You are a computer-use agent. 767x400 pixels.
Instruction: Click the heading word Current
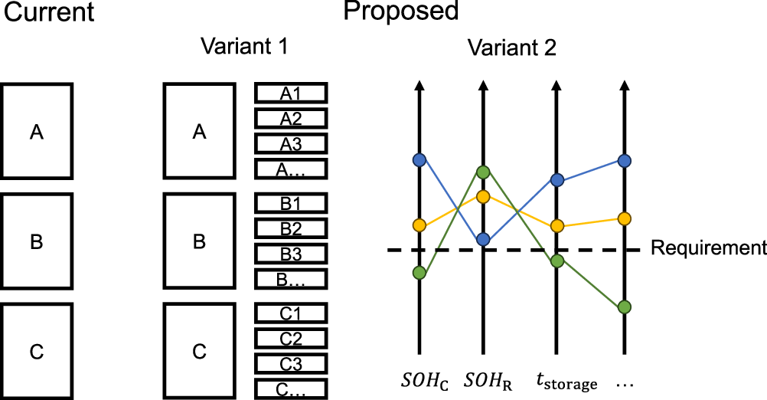47,12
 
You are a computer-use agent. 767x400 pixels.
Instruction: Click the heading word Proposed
401,11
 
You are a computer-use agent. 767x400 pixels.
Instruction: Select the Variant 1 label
244,46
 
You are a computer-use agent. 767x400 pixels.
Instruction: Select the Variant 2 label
513,48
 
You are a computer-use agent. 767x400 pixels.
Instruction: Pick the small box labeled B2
290,228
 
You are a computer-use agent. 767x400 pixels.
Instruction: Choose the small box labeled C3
290,363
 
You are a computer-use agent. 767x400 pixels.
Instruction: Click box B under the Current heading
37,242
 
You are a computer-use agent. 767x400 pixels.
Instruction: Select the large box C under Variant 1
199,352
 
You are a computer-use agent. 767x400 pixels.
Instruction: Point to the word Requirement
708,248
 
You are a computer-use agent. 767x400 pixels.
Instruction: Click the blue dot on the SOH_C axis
419,159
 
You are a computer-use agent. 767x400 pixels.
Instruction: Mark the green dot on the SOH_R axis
483,172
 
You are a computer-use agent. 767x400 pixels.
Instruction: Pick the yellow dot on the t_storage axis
557,226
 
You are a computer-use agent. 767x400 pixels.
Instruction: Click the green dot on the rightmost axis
624,307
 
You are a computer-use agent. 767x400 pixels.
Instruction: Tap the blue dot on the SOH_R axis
483,240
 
